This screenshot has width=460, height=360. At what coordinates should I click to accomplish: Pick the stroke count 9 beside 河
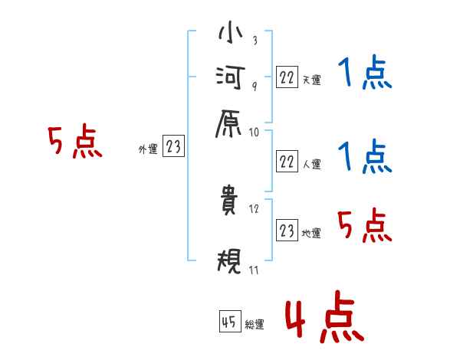254,86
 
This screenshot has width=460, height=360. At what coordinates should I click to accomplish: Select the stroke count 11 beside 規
255,270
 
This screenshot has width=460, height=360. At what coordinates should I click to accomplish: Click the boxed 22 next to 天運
287,77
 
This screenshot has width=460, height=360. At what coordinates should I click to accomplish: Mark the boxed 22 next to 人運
287,161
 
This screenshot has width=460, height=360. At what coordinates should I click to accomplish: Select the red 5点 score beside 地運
365,227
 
